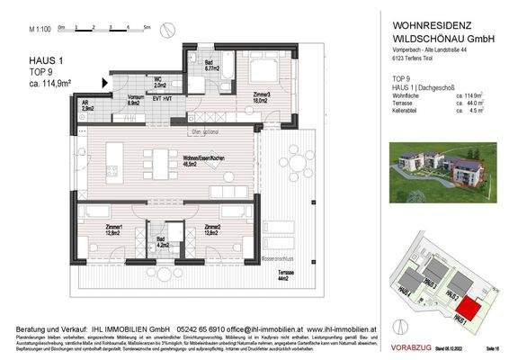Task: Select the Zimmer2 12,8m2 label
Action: tap(212, 229)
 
